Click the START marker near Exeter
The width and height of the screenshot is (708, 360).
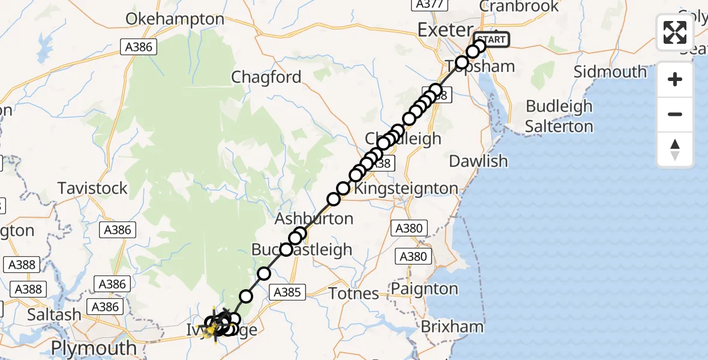(x=493, y=40)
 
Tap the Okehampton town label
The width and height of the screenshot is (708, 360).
(x=175, y=19)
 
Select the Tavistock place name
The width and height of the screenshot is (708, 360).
(x=93, y=188)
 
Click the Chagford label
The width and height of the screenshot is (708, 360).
(x=266, y=77)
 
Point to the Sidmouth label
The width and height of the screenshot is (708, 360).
(x=610, y=72)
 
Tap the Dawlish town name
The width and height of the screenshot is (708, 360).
(x=478, y=161)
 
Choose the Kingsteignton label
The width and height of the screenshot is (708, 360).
(x=406, y=188)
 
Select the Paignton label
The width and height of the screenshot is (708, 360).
(x=424, y=289)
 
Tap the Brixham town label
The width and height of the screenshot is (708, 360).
(x=452, y=327)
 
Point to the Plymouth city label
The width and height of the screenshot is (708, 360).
(x=94, y=348)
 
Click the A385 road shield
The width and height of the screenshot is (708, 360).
(x=288, y=292)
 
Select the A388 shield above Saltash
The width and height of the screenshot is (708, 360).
(x=28, y=289)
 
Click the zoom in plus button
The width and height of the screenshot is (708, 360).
(x=675, y=80)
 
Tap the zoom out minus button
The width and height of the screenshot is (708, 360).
(x=675, y=114)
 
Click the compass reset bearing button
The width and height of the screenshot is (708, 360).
(x=675, y=149)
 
